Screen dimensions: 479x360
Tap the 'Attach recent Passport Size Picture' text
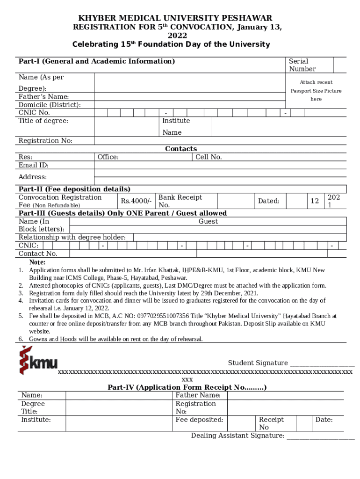pyautogui.click(x=316, y=91)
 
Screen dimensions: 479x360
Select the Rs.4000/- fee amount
pyautogui.click(x=136, y=201)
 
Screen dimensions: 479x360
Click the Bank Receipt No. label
pyautogui.click(x=180, y=201)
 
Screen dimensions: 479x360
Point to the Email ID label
pyautogui.click(x=34, y=165)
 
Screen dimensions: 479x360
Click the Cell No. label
pyautogui.click(x=209, y=157)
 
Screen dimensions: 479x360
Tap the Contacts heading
pyautogui.click(x=181, y=149)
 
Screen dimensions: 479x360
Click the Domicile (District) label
pyautogui.click(x=49, y=105)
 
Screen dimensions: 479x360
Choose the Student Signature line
pyautogui.click(x=322, y=363)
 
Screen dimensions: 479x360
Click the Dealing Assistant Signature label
pyautogui.click(x=238, y=435)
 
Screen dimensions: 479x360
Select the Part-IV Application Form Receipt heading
pyautogui.click(x=187, y=387)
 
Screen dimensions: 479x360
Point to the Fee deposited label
pyautogui.click(x=199, y=420)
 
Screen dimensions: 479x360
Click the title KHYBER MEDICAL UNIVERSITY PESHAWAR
pyautogui.click(x=175, y=18)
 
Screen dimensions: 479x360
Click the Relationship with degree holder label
pyautogui.click(x=72, y=237)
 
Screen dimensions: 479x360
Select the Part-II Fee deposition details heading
pyautogui.click(x=74, y=189)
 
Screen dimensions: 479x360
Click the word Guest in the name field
pyautogui.click(x=208, y=221)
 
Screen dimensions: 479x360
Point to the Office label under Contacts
pyautogui.click(x=108, y=157)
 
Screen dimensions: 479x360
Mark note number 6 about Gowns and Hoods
pyautogui.click(x=115, y=339)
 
